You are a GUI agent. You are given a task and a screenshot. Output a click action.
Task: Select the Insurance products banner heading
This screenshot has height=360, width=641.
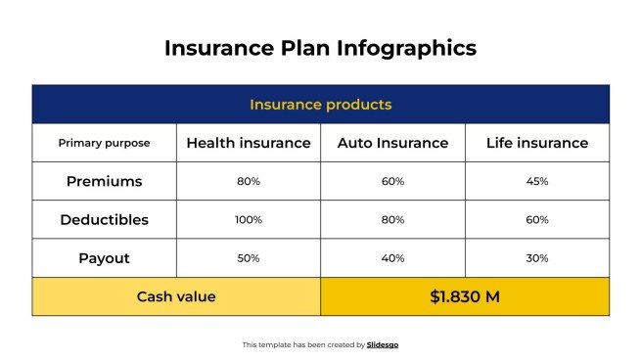click(x=320, y=104)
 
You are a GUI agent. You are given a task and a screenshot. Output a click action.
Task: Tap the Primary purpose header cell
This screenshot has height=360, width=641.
click(x=104, y=143)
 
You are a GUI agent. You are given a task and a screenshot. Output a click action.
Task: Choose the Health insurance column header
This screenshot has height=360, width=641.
click(x=249, y=143)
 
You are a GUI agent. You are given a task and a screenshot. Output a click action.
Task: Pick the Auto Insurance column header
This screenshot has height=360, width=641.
click(x=392, y=143)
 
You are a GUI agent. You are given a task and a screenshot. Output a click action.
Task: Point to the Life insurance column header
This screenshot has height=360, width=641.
click(x=537, y=143)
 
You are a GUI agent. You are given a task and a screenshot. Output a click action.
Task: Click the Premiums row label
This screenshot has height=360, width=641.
click(x=104, y=181)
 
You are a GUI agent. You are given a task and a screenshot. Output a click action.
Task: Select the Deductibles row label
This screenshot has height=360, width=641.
click(x=104, y=220)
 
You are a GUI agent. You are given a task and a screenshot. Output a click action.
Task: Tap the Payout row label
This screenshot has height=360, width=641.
click(x=104, y=258)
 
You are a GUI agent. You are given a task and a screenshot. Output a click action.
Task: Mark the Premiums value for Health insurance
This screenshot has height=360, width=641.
click(x=249, y=181)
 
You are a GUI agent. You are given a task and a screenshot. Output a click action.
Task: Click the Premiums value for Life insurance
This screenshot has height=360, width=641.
click(x=537, y=181)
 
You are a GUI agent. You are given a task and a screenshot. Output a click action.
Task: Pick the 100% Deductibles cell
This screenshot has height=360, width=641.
click(x=249, y=220)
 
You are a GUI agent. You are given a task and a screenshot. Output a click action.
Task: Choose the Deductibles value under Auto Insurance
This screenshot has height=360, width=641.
click(x=392, y=220)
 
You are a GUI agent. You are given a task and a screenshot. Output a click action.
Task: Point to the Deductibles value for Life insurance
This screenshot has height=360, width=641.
click(x=537, y=220)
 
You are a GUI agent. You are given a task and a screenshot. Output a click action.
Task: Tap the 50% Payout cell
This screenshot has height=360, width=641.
click(x=249, y=258)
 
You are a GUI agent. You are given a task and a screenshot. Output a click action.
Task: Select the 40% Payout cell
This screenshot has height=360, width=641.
click(x=392, y=258)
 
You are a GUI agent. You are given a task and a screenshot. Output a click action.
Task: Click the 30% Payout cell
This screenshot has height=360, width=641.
click(x=537, y=258)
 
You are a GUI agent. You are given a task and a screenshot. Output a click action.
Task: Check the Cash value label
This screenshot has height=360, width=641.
click(x=176, y=296)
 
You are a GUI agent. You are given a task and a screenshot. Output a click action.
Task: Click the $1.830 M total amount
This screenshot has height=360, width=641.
click(x=465, y=296)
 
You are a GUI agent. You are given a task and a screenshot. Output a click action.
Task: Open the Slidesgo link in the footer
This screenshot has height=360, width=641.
click(x=383, y=344)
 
